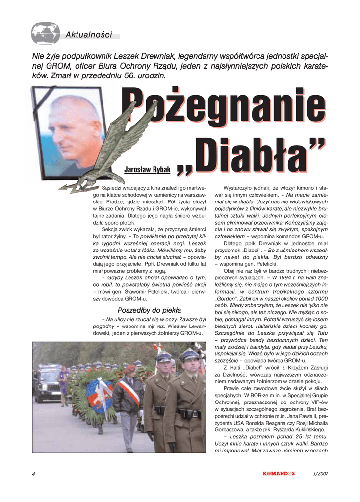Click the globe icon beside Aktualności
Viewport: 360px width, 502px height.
[x=45, y=33]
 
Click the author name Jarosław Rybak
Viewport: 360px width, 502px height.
[x=147, y=170]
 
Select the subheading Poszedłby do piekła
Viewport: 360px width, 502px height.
[x=149, y=310]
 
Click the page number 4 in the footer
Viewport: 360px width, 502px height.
[x=33, y=473]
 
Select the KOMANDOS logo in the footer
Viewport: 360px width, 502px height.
[x=279, y=473]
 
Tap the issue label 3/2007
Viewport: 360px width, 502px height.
[x=320, y=473]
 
